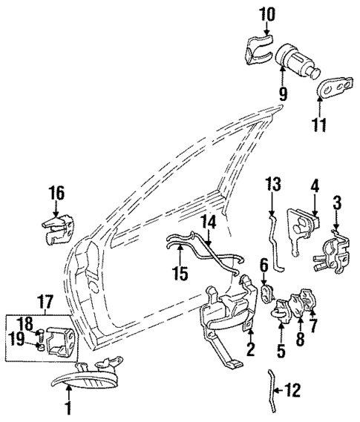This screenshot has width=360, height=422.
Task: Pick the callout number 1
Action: pyautogui.click(x=68, y=407)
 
